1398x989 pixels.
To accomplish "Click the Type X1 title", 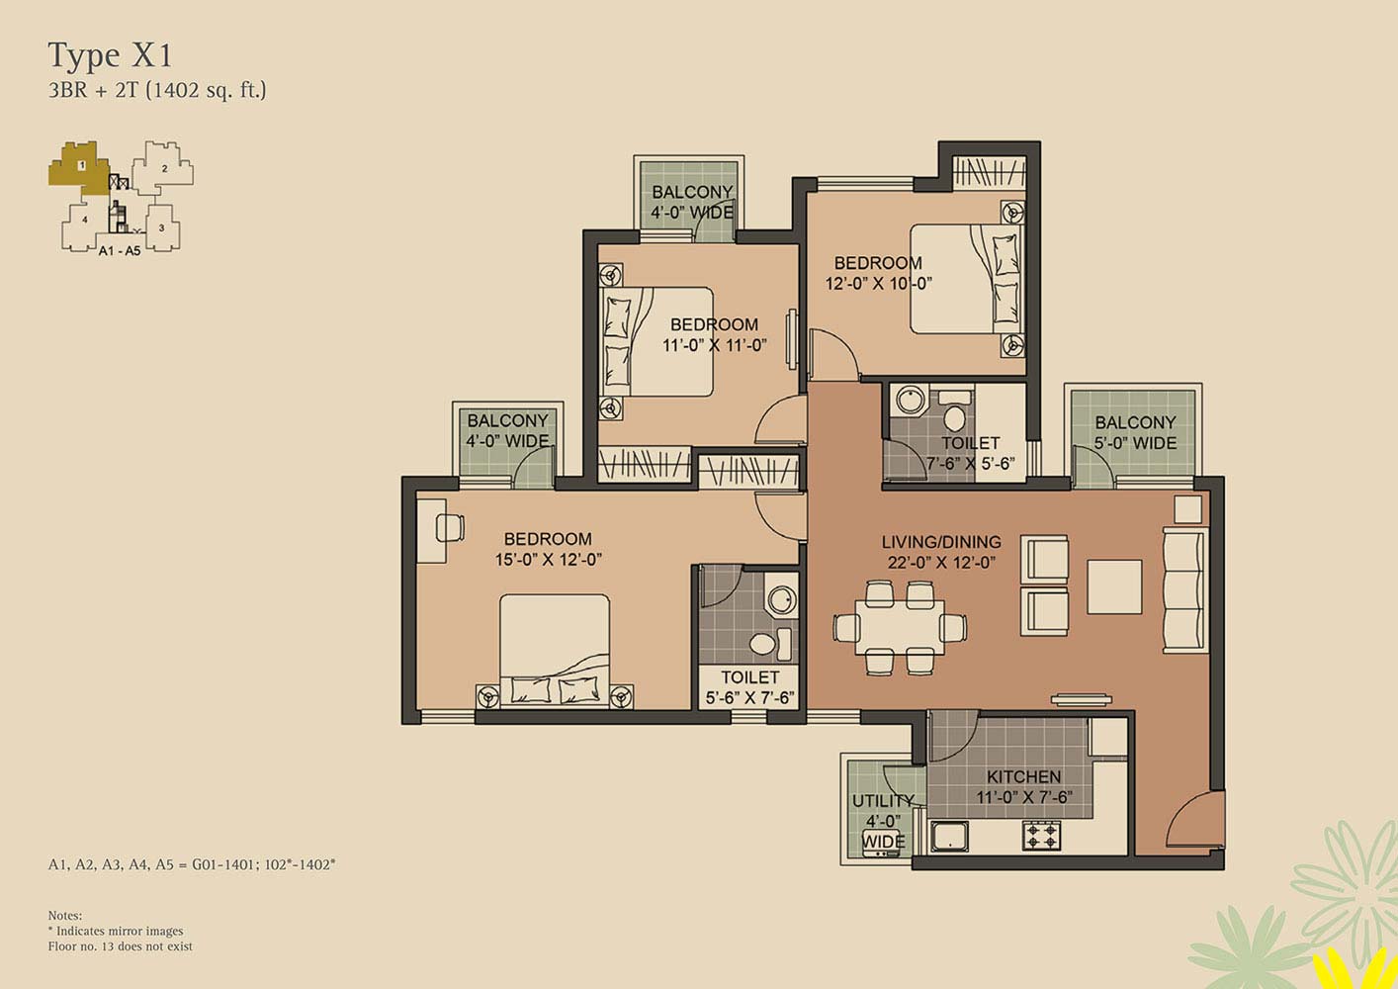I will pyautogui.click(x=110, y=55).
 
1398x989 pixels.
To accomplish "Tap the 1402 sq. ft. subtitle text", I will pyautogui.click(x=206, y=90).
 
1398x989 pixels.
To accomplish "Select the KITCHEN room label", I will pyautogui.click(x=1023, y=777).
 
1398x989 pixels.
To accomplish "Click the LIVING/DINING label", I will pyautogui.click(x=940, y=542).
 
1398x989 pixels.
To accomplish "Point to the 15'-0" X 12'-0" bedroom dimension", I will pyautogui.click(x=549, y=560).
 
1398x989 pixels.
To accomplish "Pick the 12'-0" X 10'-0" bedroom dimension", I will pyautogui.click(x=879, y=284).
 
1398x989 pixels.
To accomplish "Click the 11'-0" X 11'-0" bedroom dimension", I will pyautogui.click(x=714, y=345).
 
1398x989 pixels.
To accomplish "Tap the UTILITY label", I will pyautogui.click(x=883, y=801).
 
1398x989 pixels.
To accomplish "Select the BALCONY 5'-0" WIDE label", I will pyautogui.click(x=1135, y=432).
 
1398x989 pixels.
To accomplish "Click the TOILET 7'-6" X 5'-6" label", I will pyautogui.click(x=970, y=453).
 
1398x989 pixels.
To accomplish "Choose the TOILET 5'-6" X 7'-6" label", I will pyautogui.click(x=749, y=687).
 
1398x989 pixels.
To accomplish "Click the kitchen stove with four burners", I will pyautogui.click(x=1041, y=836).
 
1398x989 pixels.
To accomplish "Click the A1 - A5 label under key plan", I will pyautogui.click(x=120, y=251).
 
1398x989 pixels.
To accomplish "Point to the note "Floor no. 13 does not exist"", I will pyautogui.click(x=121, y=946).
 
